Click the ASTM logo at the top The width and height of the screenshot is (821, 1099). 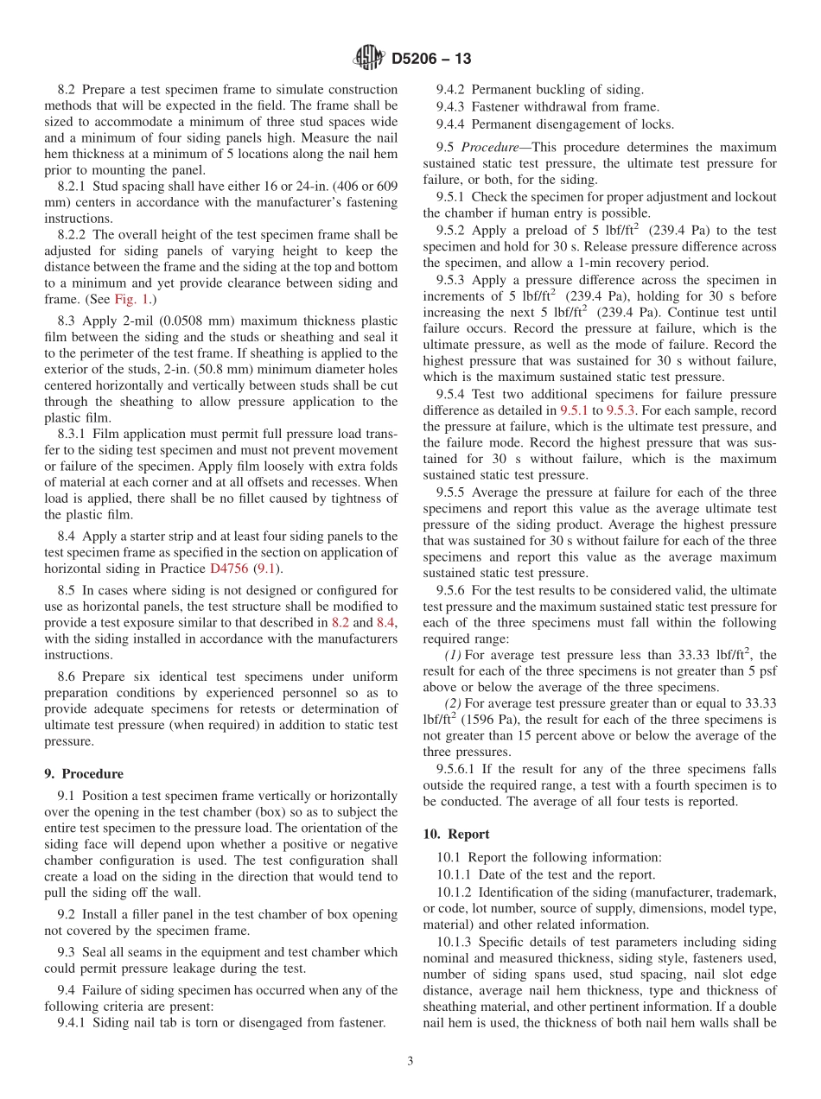click(x=369, y=59)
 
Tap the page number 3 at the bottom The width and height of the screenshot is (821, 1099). click(x=410, y=1062)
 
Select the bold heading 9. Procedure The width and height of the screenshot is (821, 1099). click(x=84, y=774)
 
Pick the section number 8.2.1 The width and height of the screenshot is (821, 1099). click(x=73, y=187)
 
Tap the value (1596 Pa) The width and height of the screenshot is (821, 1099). click(x=490, y=720)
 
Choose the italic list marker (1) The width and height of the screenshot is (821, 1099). click(x=453, y=655)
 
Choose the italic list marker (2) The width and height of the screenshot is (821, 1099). click(x=453, y=703)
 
